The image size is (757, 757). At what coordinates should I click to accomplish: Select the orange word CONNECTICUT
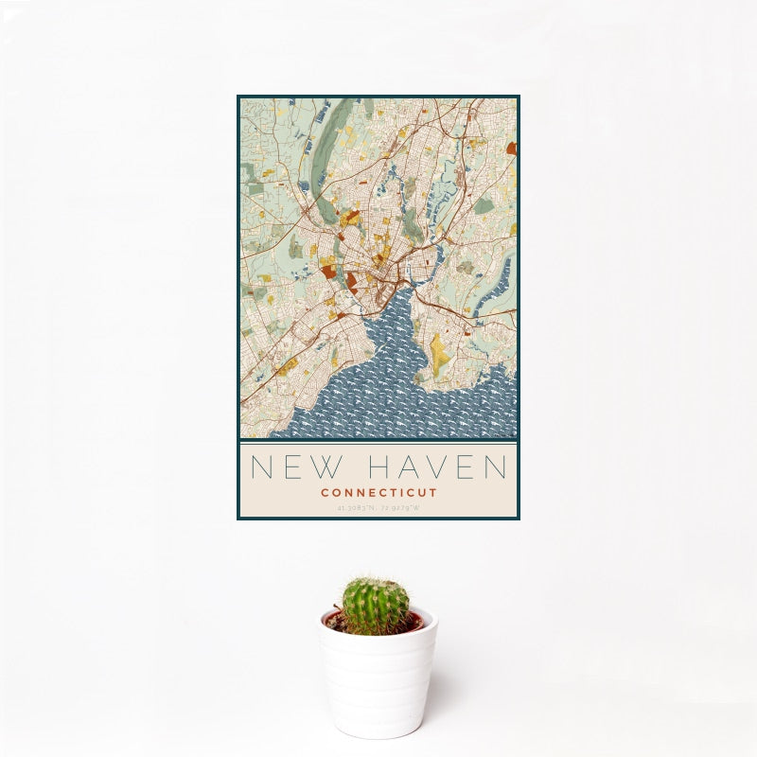378,492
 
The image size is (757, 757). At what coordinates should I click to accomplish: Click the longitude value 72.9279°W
400,508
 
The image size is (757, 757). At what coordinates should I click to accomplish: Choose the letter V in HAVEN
431,467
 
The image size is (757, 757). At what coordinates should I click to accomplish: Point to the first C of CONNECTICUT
325,492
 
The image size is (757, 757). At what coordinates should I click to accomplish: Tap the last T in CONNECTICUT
433,492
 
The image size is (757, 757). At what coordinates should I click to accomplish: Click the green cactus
376,606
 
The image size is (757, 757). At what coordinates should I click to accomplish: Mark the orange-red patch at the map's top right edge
511,148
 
